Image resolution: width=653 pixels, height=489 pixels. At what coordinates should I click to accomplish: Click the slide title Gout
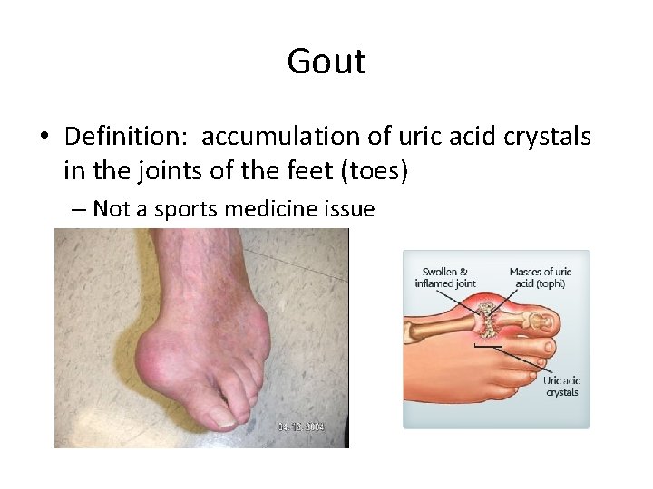pyautogui.click(x=326, y=62)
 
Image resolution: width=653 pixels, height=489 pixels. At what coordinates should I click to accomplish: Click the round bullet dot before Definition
pyautogui.click(x=44, y=138)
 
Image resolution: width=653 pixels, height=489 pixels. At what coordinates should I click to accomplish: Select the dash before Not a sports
pyautogui.click(x=78, y=210)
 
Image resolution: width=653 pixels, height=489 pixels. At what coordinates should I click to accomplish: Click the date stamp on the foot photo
pyautogui.click(x=300, y=427)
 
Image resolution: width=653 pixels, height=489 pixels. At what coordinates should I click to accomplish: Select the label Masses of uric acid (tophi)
pyautogui.click(x=541, y=278)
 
